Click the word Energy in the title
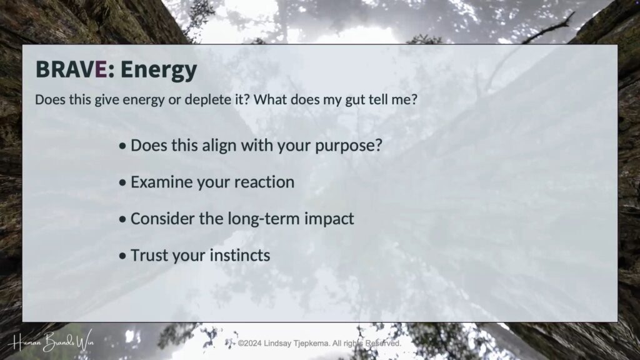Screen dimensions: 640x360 click(158, 70)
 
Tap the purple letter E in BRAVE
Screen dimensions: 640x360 click(101, 69)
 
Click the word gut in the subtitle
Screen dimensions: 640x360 click(355, 100)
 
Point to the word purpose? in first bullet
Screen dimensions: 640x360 click(349, 146)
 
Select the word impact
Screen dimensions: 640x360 click(329, 219)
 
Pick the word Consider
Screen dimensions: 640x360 click(162, 219)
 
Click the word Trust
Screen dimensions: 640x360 click(149, 256)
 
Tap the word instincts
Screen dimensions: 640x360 click(240, 256)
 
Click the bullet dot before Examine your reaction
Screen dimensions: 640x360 click(122, 183)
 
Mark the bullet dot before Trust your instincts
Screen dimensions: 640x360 click(122, 256)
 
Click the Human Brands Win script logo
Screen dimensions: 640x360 click(53, 341)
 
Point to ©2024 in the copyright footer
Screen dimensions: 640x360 click(250, 343)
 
